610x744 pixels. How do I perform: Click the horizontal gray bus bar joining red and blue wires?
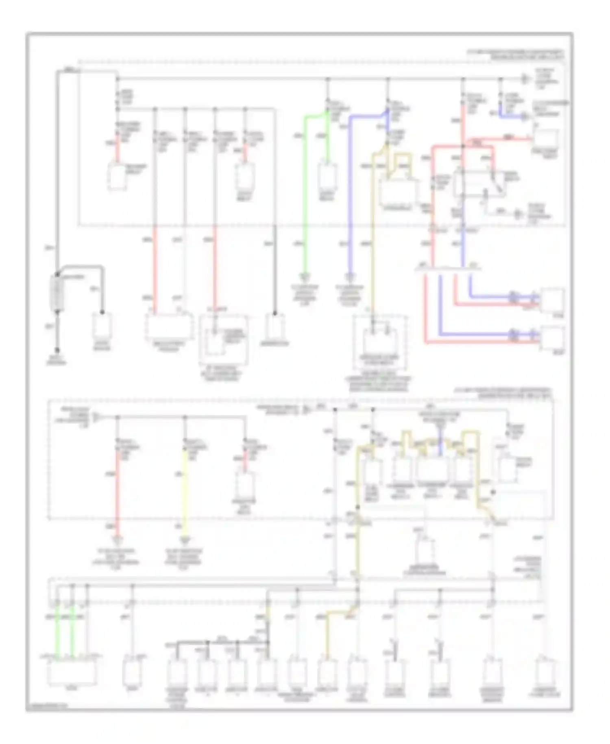click(447, 269)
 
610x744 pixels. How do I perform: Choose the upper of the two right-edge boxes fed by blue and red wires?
click(552, 300)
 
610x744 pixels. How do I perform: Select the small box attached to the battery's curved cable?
click(102, 326)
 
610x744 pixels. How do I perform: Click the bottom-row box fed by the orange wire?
click(327, 672)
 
